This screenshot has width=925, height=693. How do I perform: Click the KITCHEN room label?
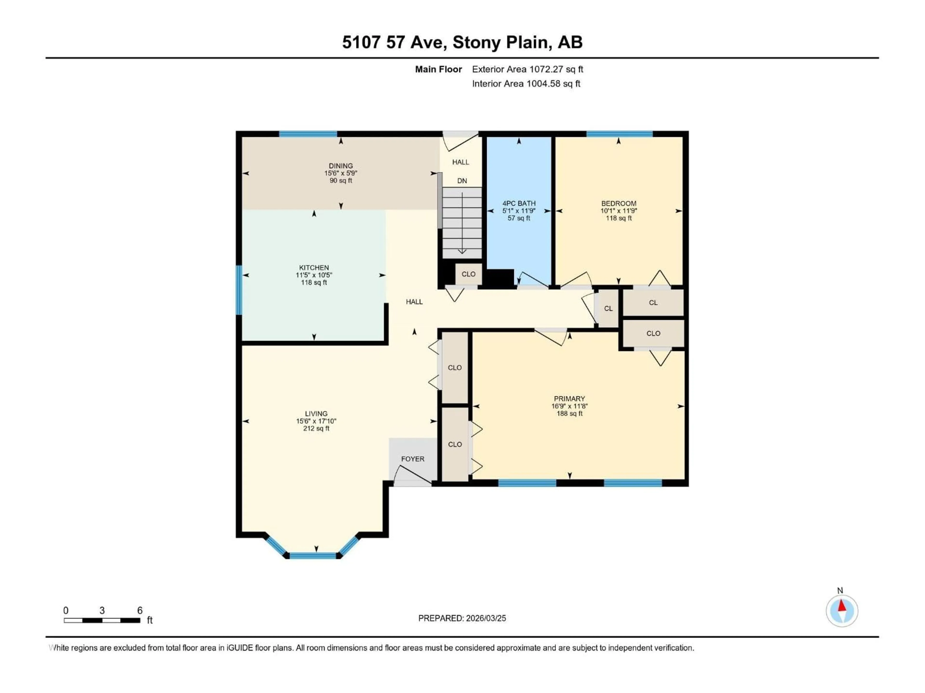click(x=314, y=267)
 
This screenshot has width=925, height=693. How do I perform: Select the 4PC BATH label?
click(x=519, y=203)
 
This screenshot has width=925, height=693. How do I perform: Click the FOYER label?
click(x=412, y=459)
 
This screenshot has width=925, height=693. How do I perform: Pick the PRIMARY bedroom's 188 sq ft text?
click(x=569, y=414)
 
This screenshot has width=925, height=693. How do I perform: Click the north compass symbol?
click(x=842, y=611)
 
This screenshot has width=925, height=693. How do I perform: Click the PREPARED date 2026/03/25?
click(x=462, y=618)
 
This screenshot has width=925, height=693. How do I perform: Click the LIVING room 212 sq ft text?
click(x=316, y=429)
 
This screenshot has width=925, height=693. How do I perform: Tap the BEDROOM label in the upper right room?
click(x=619, y=203)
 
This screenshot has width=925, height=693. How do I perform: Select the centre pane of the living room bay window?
click(x=313, y=556)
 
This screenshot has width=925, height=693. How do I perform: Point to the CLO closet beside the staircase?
click(x=468, y=274)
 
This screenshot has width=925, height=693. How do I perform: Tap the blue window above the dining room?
click(x=308, y=134)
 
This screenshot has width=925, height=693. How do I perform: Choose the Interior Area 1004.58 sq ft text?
click(x=526, y=83)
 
